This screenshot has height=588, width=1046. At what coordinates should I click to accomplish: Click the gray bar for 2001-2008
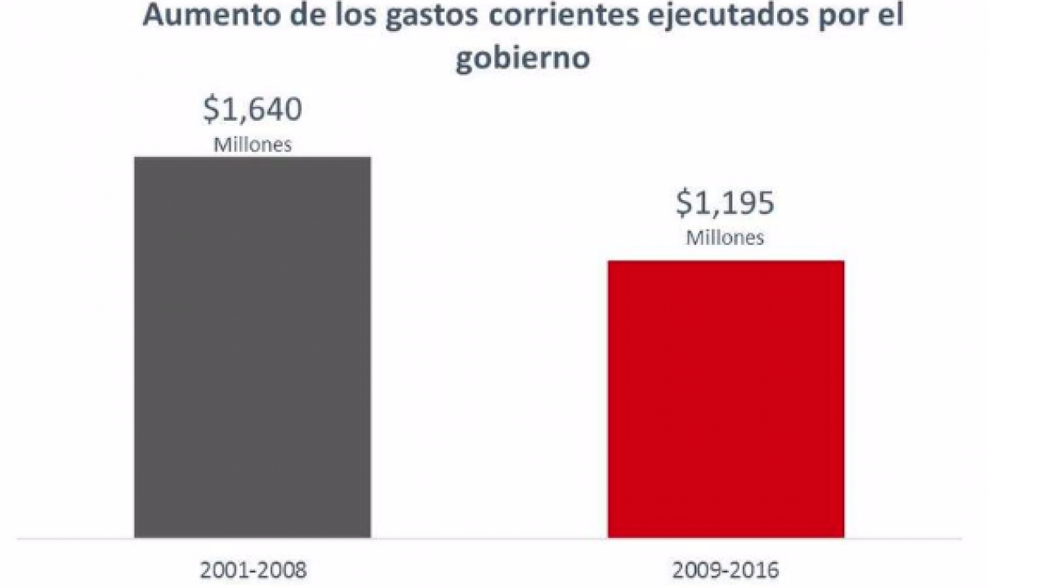click(x=253, y=347)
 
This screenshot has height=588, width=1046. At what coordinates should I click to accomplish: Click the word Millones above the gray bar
click(x=253, y=145)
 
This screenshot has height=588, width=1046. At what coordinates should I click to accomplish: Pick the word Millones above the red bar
click(x=725, y=238)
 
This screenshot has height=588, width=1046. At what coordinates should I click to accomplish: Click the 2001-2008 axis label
click(x=253, y=570)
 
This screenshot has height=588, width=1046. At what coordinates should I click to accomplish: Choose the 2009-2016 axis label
click(x=726, y=570)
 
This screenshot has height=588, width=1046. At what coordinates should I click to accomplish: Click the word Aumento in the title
click(x=195, y=16)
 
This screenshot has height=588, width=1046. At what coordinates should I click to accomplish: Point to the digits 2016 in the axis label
click(x=756, y=570)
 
